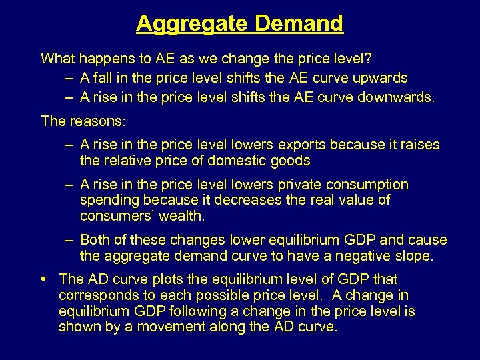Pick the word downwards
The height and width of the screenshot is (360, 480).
point(397,97)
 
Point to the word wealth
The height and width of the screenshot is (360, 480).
point(183,216)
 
